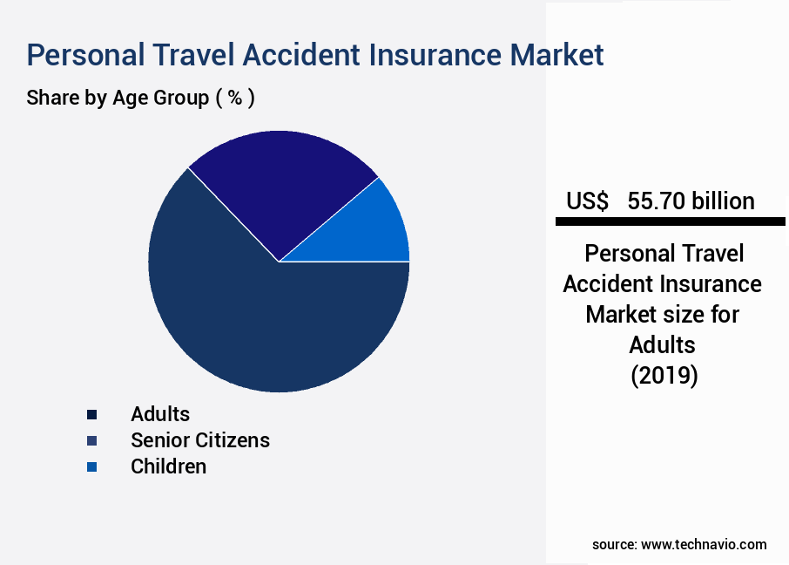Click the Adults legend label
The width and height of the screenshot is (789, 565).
tap(160, 414)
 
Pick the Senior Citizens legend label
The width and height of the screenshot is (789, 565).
tap(200, 440)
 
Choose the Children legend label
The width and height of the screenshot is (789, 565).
tap(169, 466)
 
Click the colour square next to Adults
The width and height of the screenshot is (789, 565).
tap(92, 415)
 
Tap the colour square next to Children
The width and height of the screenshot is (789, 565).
tap(92, 467)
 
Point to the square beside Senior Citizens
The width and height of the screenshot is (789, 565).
tap(92, 441)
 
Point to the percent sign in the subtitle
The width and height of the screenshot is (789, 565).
tap(234, 98)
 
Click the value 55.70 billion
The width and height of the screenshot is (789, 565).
tap(691, 201)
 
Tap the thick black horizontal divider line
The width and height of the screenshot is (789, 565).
tap(670, 222)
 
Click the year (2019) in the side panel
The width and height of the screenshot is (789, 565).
tap(663, 376)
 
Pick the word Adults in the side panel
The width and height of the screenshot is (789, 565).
tap(663, 345)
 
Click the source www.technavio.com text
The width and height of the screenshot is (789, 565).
tap(679, 544)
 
